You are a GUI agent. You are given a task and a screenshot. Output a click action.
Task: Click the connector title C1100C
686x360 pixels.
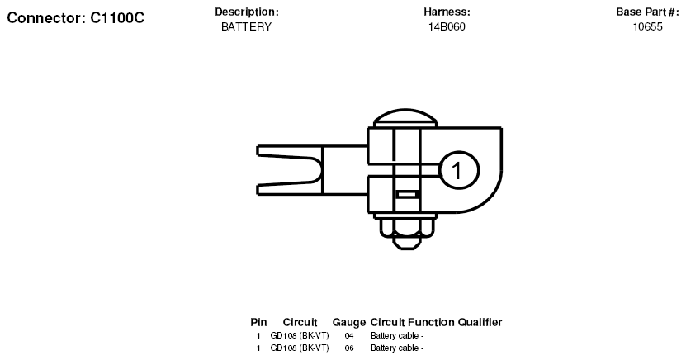click(x=117, y=18)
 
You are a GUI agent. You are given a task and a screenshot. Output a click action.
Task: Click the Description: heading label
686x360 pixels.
click(x=246, y=12)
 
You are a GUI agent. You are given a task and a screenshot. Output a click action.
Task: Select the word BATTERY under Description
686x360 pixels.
click(x=246, y=26)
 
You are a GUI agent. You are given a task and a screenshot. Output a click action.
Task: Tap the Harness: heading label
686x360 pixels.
click(x=447, y=12)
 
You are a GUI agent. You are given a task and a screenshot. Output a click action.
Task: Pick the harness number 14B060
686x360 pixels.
click(x=447, y=26)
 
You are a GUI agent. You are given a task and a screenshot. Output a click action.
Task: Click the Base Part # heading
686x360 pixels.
click(x=647, y=12)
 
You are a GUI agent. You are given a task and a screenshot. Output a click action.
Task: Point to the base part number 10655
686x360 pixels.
click(x=647, y=26)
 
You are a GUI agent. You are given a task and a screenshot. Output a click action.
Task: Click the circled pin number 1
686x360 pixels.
click(x=458, y=170)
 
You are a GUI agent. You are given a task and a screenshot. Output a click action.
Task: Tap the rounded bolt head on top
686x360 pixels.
click(x=405, y=118)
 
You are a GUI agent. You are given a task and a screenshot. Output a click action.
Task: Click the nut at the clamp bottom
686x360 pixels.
click(x=406, y=231)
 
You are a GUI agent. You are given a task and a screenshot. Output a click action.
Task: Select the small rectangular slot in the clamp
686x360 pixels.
click(x=407, y=194)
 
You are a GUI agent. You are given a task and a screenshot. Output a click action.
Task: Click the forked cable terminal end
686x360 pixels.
click(x=289, y=170)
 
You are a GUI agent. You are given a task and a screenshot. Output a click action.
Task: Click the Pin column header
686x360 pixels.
click(x=258, y=322)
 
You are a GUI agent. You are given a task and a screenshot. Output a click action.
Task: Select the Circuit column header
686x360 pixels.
click(x=300, y=322)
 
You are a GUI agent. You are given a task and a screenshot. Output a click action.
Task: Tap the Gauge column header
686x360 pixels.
click(x=349, y=322)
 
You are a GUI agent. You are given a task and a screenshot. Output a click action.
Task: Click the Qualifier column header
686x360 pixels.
click(x=480, y=322)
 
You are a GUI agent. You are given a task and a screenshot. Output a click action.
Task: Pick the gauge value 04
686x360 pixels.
click(x=349, y=336)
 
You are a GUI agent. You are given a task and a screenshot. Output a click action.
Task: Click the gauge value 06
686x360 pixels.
click(x=349, y=348)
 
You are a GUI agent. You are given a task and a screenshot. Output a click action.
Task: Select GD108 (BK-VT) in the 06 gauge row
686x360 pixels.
click(x=300, y=348)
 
